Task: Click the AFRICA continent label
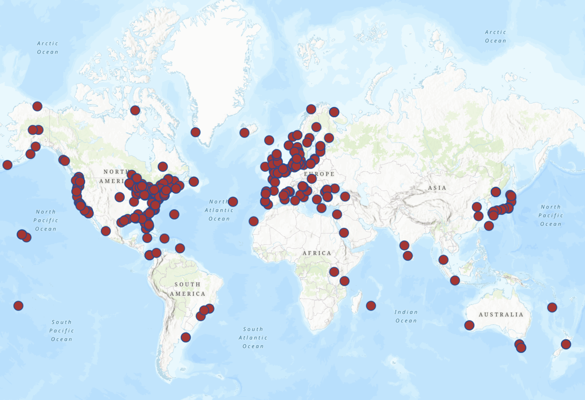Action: click(317, 253)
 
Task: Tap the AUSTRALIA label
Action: click(501, 315)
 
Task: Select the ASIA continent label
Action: click(437, 188)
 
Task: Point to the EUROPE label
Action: click(319, 174)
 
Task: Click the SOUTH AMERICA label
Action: click(188, 289)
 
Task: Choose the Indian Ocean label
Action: click(406, 316)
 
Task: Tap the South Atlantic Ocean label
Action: click(253, 338)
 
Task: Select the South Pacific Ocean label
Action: click(62, 331)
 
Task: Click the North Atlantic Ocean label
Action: click(219, 210)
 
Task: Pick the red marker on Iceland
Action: click(245, 133)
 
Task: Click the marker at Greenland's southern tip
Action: click(195, 132)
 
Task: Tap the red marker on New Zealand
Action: click(566, 344)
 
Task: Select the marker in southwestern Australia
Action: click(469, 325)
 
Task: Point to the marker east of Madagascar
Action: click(371, 306)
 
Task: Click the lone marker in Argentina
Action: click(186, 337)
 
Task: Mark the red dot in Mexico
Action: click(106, 231)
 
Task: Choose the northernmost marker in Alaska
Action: click(37, 106)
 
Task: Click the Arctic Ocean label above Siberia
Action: click(495, 37)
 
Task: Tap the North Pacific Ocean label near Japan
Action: click(551, 215)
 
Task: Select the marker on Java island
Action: click(455, 280)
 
